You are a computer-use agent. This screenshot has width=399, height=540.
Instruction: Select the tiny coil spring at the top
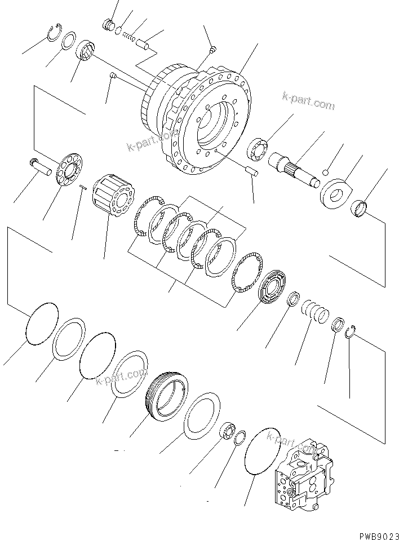[130, 37]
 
